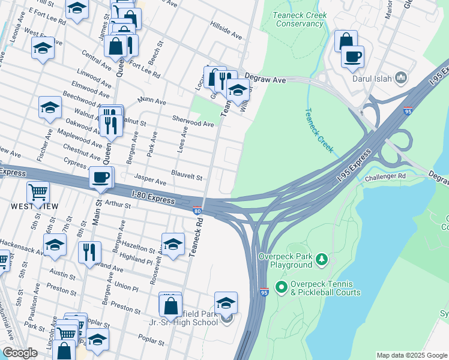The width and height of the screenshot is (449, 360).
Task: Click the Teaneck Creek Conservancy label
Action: (x=298, y=19)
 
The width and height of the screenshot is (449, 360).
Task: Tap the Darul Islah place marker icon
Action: (x=402, y=77)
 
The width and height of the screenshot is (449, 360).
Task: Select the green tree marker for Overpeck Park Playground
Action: (x=322, y=259)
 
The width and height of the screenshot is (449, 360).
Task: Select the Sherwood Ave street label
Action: (x=193, y=124)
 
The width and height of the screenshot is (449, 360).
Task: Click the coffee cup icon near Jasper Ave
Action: (x=101, y=178)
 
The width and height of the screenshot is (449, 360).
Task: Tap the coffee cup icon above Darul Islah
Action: (x=352, y=56)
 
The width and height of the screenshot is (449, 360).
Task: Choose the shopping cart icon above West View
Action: (x=38, y=192)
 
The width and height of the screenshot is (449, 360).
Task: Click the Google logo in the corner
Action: (x=20, y=353)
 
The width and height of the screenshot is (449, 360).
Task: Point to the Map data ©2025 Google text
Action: (x=411, y=355)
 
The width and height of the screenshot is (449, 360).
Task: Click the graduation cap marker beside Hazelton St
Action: (x=173, y=244)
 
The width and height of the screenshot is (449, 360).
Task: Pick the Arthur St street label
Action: (x=118, y=205)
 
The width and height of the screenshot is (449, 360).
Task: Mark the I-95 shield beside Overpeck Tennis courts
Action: (x=264, y=292)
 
